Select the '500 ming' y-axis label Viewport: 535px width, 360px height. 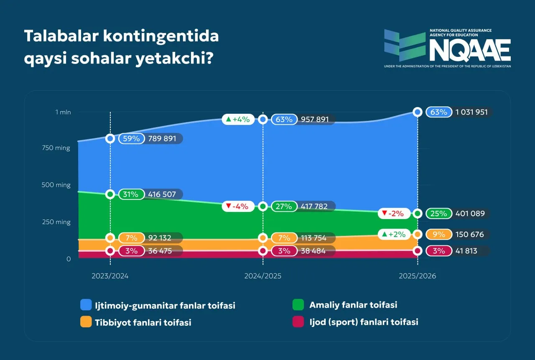(56, 185)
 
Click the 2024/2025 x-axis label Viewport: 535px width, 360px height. (262, 276)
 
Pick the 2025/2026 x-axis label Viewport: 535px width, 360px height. (417, 276)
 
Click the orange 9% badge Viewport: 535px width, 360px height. (438, 235)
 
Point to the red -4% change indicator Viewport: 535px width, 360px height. (237, 206)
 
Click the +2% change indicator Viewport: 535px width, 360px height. (394, 235)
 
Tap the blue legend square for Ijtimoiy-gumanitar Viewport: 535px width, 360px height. (86, 305)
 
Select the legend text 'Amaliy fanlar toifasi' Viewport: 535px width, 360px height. (353, 305)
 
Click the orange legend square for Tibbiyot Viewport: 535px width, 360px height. (86, 322)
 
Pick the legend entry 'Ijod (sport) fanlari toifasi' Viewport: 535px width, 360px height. (364, 322)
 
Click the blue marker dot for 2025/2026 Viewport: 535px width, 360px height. (417, 112)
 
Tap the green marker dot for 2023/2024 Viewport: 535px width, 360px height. (110, 194)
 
